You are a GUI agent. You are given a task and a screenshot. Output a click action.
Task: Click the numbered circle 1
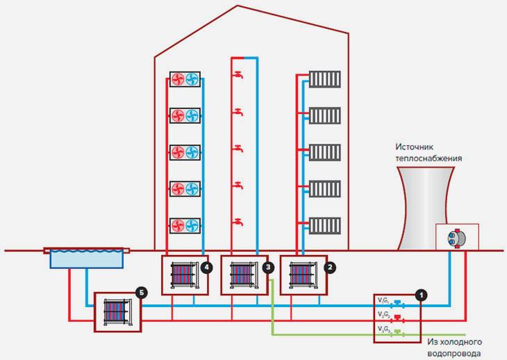coord(419,294)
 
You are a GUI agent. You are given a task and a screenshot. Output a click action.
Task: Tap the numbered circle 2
coord(330,266)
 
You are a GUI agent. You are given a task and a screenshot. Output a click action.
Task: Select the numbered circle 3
coord(269,266)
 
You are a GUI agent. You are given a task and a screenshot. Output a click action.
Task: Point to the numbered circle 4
coord(206,266)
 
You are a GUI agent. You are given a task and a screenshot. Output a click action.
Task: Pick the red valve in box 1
coord(398,318)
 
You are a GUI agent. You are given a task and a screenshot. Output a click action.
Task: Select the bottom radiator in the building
coord(325,225)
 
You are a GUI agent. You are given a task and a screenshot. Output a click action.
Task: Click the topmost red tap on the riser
coord(238,74)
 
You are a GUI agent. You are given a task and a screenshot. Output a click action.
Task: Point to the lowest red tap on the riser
coord(238,223)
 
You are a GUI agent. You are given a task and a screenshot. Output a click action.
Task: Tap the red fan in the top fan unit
coord(177,79)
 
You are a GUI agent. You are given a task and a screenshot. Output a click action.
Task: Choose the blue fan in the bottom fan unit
coord(192,225)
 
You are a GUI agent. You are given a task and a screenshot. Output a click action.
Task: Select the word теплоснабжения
coord(429,158)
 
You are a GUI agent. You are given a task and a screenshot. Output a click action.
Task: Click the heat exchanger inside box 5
coord(115,311)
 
